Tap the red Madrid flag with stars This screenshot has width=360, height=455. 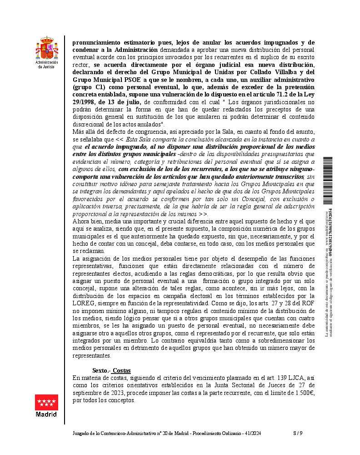click(x=46, y=403)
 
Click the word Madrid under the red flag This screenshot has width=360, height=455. click(x=46, y=415)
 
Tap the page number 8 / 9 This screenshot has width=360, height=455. click(x=298, y=433)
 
